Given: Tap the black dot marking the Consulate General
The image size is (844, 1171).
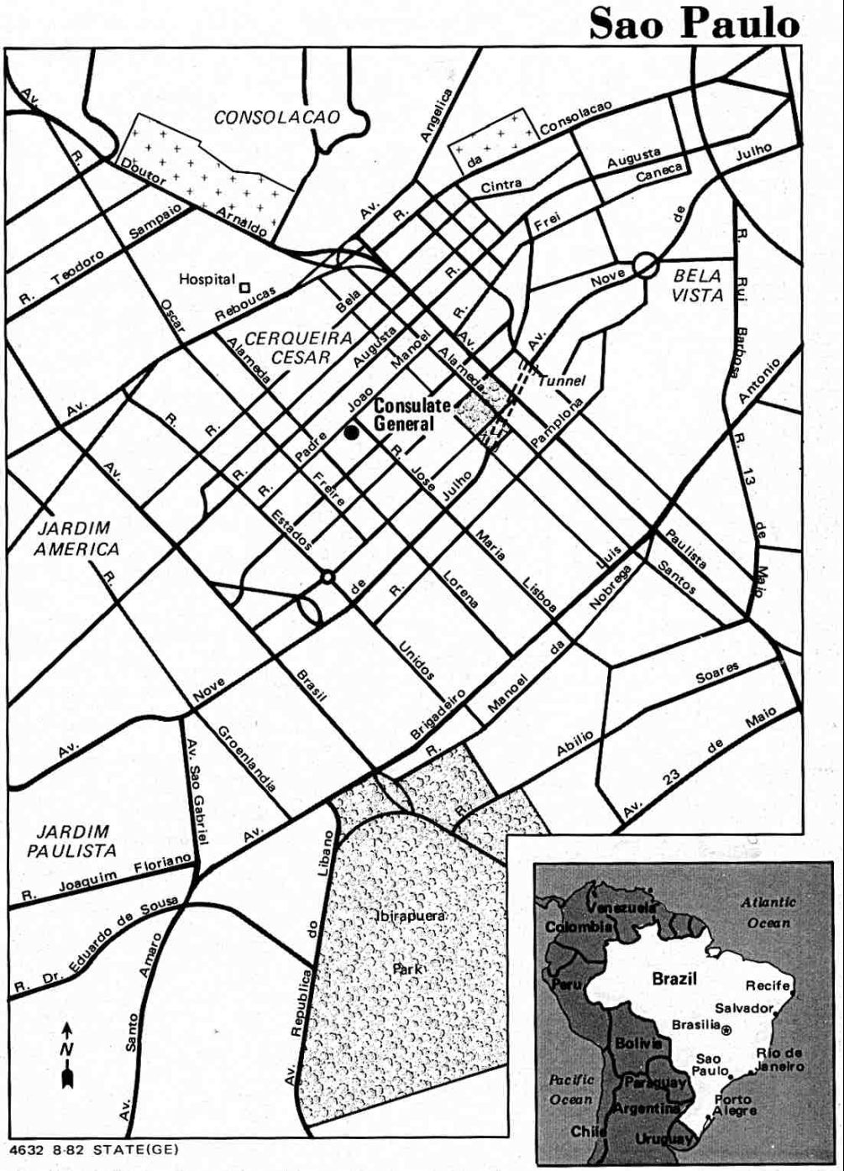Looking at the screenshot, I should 351,432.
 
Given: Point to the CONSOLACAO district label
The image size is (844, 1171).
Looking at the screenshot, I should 277,117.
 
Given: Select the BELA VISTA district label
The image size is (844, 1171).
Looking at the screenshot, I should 698,285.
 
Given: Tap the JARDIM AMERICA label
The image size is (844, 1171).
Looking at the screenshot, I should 78,539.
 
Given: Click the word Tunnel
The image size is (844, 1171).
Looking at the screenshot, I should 562,380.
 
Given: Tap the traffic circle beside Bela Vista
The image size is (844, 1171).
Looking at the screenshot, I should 645,265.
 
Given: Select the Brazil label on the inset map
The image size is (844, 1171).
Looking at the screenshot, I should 674,978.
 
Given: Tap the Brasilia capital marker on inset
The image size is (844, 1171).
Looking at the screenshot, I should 726,1028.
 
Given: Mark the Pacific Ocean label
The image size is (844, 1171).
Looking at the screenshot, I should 571,1089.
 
